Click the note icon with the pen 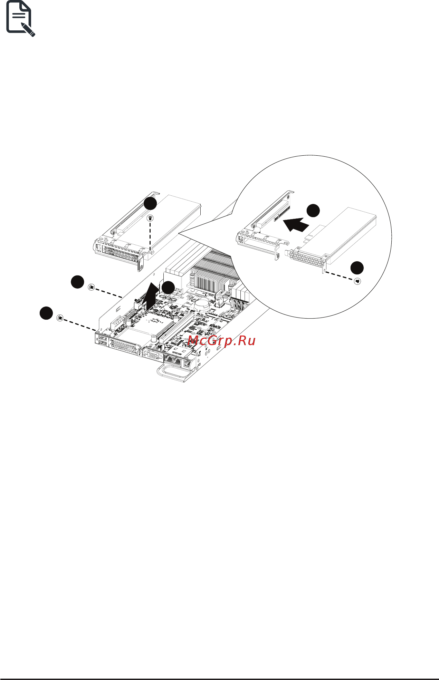(21, 19)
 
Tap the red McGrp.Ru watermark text (222, 341)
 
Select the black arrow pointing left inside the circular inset (296, 225)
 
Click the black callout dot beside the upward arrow (168, 288)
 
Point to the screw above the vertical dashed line (150, 218)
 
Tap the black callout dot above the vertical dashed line (151, 203)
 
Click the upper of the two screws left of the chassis (91, 287)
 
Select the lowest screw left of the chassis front (60, 318)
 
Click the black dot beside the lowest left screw (46, 313)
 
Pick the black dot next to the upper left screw (77, 282)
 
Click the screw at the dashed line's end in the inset (357, 282)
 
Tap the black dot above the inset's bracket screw (357, 268)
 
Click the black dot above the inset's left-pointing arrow (313, 210)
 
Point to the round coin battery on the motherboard (202, 304)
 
